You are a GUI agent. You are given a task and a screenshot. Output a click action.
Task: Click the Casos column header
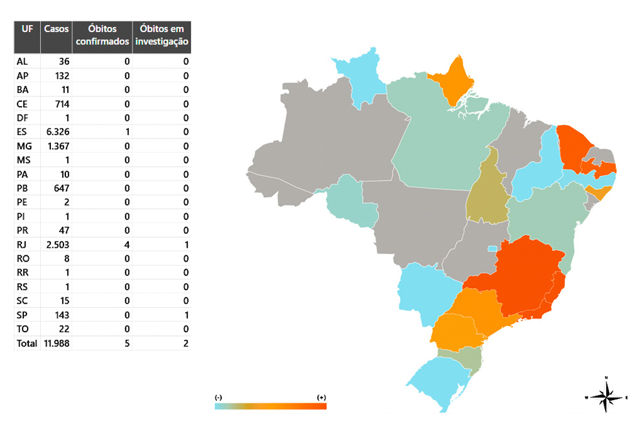[x=56, y=30]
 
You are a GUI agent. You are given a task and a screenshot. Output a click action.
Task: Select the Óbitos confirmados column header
[x=102, y=36]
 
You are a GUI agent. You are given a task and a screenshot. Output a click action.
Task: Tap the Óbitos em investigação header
[x=162, y=36]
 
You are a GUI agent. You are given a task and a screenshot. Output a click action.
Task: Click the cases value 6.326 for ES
[x=56, y=132]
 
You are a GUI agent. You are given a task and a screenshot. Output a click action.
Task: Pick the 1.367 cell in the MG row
[x=56, y=146]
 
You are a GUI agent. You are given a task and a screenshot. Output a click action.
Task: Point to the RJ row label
[x=23, y=245]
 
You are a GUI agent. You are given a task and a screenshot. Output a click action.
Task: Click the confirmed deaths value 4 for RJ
[x=126, y=245]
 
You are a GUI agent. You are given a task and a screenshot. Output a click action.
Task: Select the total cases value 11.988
[x=56, y=343]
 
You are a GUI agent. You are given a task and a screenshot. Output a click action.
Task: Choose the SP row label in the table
[x=23, y=315]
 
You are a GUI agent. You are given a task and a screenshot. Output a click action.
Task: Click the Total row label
[x=27, y=343]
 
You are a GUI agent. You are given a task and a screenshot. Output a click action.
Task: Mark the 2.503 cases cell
[x=56, y=245]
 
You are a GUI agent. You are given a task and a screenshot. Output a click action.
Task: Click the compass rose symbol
[x=606, y=396]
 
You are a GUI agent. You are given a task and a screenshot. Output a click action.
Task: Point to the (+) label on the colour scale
[x=321, y=398]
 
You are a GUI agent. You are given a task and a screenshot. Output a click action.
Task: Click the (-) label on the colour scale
[x=218, y=398]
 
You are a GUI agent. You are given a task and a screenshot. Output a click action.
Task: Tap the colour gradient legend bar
[x=270, y=406]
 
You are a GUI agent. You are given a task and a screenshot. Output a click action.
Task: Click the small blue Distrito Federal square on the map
[x=492, y=248]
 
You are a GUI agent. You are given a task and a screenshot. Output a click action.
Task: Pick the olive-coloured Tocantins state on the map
[x=487, y=192]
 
